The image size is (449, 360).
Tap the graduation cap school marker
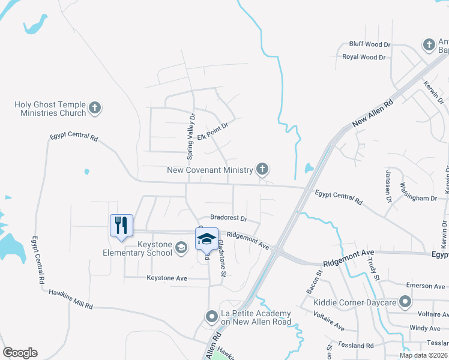(206, 239)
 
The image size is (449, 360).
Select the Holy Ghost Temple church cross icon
(94, 108)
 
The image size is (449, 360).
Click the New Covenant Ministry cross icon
(262, 169)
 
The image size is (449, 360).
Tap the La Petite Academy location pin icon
(211, 316)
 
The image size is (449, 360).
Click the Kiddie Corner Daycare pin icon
(405, 301)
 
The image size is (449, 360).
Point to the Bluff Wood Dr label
(370, 44)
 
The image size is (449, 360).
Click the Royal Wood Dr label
(364, 57)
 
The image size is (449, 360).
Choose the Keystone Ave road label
(167, 278)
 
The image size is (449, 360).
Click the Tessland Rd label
(356, 346)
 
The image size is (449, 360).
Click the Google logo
(20, 353)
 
